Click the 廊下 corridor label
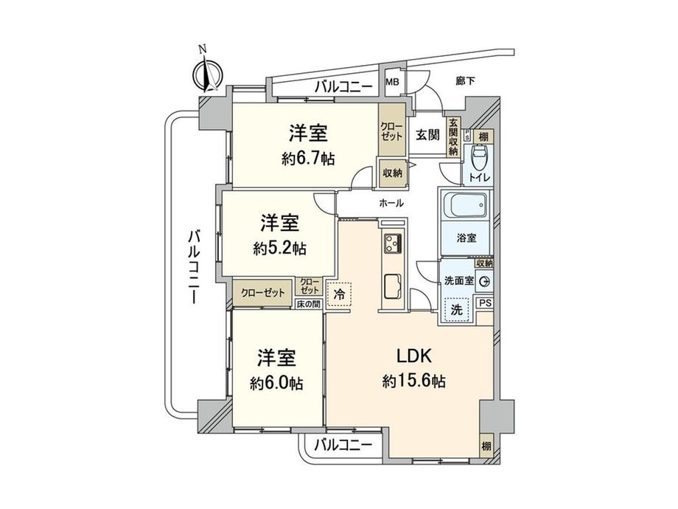464,82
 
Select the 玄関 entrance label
427,135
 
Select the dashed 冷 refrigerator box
339,294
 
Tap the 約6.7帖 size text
307,159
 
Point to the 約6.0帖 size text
276,384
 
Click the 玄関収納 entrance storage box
453,136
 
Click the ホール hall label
391,203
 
